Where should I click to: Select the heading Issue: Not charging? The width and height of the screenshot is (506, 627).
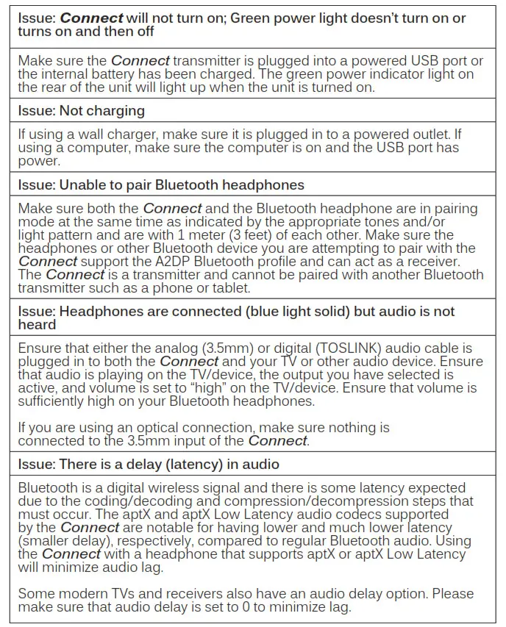click(81, 110)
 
